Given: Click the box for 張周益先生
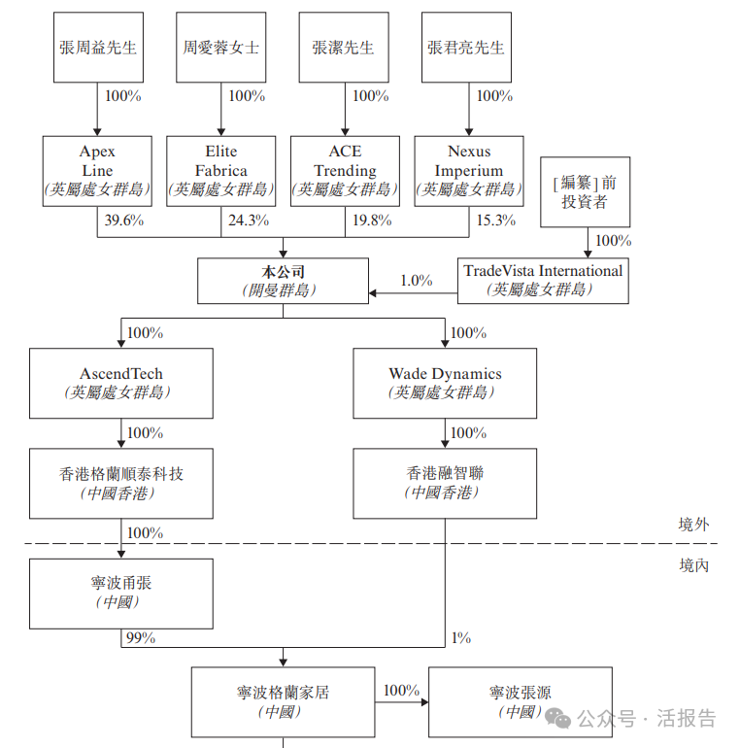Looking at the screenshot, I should coord(97,47).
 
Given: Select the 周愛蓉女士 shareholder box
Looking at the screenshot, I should coord(221,47).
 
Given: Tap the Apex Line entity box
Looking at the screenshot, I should coord(97,170).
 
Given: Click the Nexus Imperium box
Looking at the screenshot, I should coord(469,170).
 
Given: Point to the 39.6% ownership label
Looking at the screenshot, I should coord(123,221).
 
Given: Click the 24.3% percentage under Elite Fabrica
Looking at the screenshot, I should coord(248,221).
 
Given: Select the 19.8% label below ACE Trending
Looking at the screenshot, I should coord(372,221).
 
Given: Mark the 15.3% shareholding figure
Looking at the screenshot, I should coord(495,221).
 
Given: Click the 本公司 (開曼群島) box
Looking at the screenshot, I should coord(283,280).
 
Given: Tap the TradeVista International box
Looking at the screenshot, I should coord(543,280).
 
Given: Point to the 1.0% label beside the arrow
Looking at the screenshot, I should coord(417,281).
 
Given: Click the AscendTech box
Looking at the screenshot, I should coord(121,383).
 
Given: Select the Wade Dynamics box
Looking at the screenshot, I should coord(445,383).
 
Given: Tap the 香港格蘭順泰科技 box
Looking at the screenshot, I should coord(121,483).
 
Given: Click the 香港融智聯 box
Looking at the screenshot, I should coord(445,483).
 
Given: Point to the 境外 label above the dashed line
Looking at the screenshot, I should coord(693,525).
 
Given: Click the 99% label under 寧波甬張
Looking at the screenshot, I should coord(141,638).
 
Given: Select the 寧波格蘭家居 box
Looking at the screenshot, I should coord(283,701).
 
